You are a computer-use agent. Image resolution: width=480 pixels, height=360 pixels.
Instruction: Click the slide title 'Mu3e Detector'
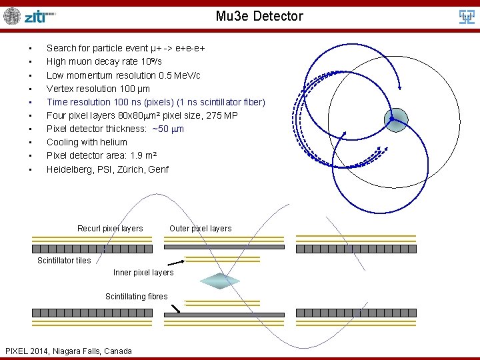point(259,16)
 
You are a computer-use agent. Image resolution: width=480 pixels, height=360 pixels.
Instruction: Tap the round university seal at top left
point(12,16)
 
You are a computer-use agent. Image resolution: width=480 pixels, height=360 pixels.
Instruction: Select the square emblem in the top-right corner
point(467,17)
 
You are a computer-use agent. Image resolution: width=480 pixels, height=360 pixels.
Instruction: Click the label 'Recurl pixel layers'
point(110,229)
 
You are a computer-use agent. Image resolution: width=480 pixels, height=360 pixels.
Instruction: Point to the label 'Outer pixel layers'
point(201,229)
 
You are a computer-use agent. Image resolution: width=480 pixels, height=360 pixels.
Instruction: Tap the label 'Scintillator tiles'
point(64,261)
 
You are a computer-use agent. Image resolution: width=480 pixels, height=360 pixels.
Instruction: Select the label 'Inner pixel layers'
point(143,273)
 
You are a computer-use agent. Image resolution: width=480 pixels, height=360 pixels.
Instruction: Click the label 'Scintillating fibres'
point(137,297)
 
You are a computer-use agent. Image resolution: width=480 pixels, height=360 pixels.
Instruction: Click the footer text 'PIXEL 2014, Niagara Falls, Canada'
point(69,351)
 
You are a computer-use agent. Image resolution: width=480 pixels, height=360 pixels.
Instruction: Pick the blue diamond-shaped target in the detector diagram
point(220,280)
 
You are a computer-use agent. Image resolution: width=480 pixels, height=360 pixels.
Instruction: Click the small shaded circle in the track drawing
point(395,119)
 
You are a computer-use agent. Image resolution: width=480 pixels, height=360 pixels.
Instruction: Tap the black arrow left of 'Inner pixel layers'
point(175,263)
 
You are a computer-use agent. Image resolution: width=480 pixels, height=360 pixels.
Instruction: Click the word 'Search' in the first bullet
point(61,48)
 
